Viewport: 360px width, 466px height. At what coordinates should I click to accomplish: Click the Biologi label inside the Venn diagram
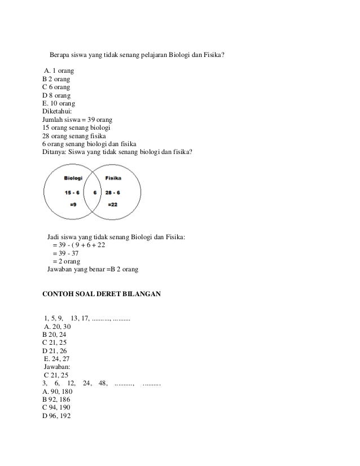(73, 178)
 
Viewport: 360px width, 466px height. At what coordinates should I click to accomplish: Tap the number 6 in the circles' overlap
(95, 192)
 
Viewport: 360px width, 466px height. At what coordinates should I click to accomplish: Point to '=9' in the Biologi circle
(73, 205)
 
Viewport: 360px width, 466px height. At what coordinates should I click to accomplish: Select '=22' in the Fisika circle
(113, 205)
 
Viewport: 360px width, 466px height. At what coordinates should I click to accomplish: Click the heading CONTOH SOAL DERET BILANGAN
(102, 294)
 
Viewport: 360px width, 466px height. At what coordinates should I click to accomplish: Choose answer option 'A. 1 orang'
(59, 71)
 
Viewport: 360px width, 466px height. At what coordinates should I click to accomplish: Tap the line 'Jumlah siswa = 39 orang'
(78, 120)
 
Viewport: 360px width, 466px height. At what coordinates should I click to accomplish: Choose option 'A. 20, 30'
(57, 326)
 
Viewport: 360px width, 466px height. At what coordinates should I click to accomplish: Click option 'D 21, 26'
(55, 350)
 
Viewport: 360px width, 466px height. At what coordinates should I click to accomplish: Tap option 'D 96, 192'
(56, 415)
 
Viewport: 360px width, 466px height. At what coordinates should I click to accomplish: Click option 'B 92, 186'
(56, 398)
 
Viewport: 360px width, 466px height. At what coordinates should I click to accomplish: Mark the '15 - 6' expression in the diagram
(73, 192)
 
